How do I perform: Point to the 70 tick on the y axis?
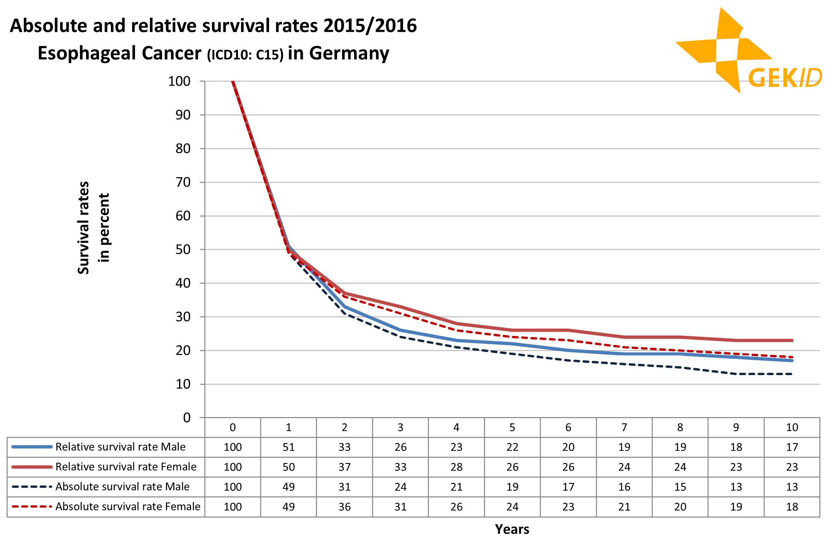183,182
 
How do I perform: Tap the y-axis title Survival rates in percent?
93,228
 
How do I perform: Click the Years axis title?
512,529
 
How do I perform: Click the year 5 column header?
512,427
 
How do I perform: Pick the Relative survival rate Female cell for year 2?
344,467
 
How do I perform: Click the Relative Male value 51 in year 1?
289,447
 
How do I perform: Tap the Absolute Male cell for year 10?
792,487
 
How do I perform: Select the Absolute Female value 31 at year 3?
400,507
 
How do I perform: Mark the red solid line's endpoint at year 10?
792,340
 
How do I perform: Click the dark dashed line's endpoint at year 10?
792,374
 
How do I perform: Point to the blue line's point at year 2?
344,307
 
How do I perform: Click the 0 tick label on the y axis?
187,418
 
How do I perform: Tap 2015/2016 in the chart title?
370,26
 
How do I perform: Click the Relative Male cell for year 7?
624,447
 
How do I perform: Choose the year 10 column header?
792,427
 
